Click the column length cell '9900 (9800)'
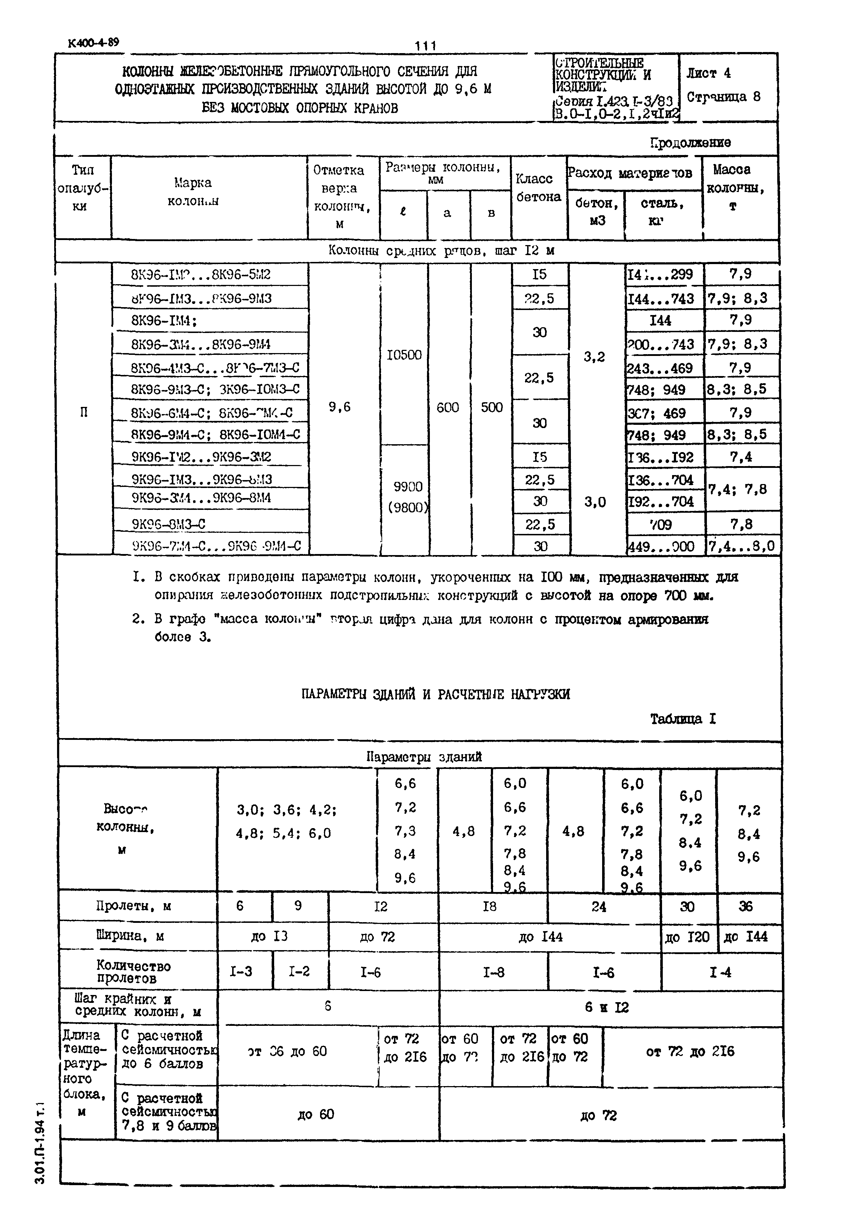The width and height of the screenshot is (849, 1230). [x=408, y=497]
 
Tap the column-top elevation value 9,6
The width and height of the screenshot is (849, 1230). [x=339, y=407]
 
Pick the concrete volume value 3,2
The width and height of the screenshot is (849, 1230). [x=594, y=357]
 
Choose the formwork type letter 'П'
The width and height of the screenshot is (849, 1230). [x=84, y=412]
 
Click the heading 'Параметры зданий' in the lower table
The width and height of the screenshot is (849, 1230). [x=424, y=757]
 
